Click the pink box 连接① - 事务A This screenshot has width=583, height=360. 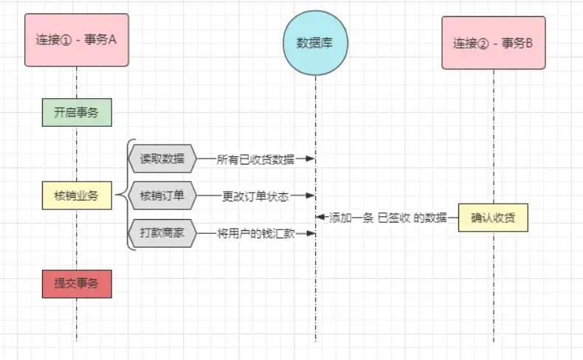(x=77, y=40)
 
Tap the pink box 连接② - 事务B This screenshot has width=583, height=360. (x=493, y=43)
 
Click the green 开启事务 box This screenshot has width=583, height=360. (x=77, y=112)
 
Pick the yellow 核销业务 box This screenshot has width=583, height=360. (x=77, y=195)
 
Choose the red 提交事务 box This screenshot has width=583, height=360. (x=77, y=283)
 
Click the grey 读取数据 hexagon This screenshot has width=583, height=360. (x=162, y=159)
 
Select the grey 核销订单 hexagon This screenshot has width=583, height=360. (x=162, y=195)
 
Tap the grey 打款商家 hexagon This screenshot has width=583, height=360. (x=162, y=233)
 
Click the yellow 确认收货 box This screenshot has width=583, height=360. (x=493, y=217)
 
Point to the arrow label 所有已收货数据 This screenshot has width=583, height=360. (x=255, y=159)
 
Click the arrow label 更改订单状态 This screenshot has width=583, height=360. (x=255, y=196)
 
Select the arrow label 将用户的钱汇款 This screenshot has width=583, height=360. (x=255, y=233)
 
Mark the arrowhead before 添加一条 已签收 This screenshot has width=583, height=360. (x=320, y=217)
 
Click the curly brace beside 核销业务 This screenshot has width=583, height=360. (x=127, y=195)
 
